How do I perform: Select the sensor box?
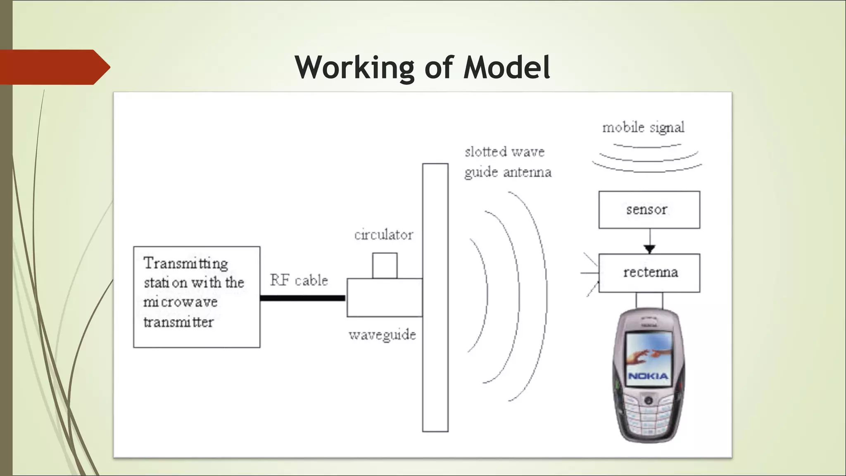649,209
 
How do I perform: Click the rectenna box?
649,273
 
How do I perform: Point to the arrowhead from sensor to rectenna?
649,249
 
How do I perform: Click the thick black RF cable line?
302,298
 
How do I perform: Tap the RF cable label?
299,280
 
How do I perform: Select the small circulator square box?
385,266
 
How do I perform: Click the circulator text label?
383,235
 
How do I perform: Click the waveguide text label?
382,335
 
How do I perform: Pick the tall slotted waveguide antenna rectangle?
435,297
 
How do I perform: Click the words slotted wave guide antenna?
507,162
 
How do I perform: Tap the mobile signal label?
643,127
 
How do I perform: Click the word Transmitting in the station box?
185,263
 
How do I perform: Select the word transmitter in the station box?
178,322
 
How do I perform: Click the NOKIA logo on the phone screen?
648,376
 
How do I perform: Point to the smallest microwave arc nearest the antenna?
487,295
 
